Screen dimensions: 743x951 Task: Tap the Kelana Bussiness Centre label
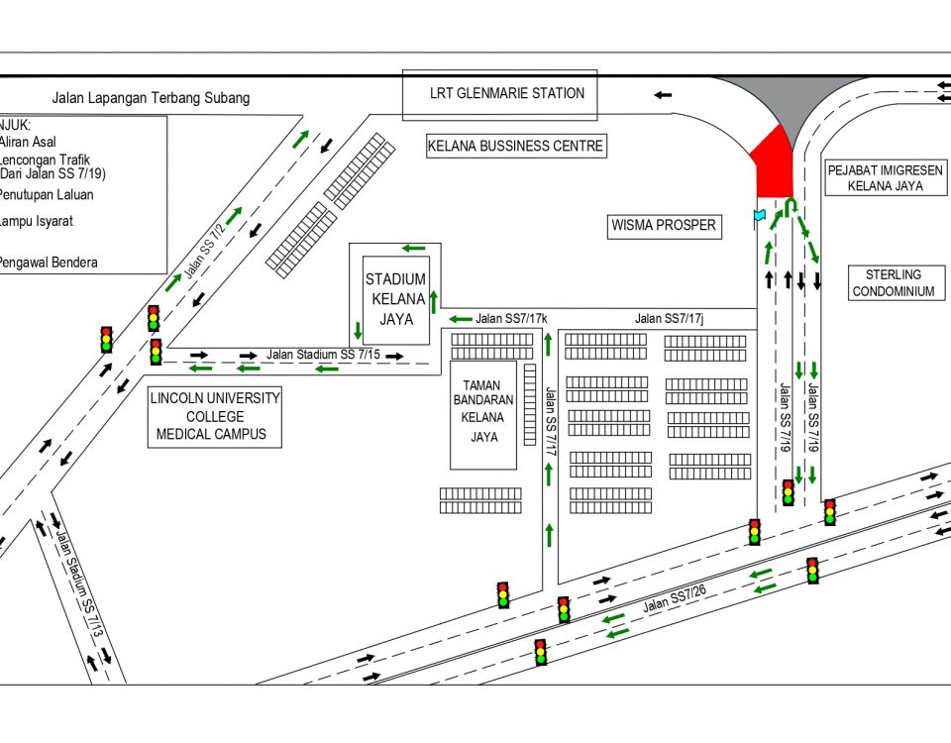515,146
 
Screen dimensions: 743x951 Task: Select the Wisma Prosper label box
662,226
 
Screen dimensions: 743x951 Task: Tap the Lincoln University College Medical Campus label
215,416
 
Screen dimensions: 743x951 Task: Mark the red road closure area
772,163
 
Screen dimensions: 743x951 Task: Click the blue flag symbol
760,215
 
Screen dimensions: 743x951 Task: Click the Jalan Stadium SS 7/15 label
323,354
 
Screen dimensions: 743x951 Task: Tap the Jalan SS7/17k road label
511,319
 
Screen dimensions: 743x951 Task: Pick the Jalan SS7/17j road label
671,319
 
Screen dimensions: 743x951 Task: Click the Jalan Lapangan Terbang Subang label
151,98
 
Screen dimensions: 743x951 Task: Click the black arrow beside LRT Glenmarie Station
662,95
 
